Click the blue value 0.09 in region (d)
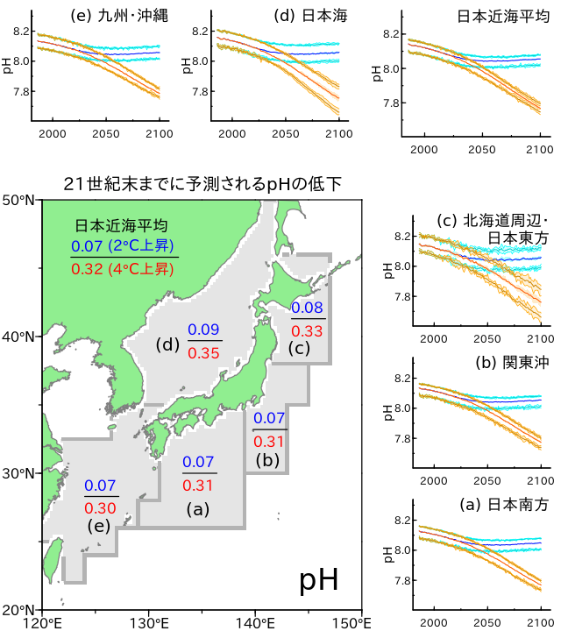coord(205,330)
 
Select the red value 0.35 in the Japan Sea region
coord(205,353)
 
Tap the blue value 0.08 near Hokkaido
coord(307,308)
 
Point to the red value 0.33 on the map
coord(307,330)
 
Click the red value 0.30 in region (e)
coord(101,507)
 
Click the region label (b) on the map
coord(268,459)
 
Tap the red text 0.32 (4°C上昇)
coord(124,269)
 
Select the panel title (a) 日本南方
coord(495,505)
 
